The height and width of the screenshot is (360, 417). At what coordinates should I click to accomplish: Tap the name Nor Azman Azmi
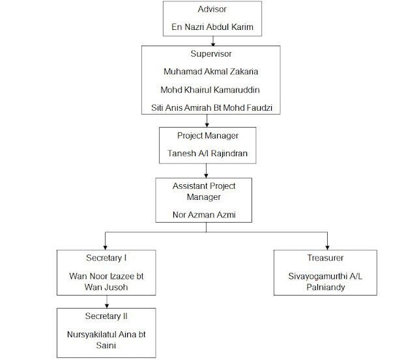click(x=204, y=214)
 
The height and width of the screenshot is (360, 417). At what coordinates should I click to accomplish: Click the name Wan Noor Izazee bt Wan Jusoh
click(x=108, y=282)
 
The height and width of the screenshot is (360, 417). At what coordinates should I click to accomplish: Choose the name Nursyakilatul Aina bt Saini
click(x=108, y=340)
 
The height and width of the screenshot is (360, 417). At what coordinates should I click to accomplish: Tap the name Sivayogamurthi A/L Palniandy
click(x=324, y=281)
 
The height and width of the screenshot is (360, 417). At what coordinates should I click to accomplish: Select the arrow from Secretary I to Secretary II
click(x=107, y=301)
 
